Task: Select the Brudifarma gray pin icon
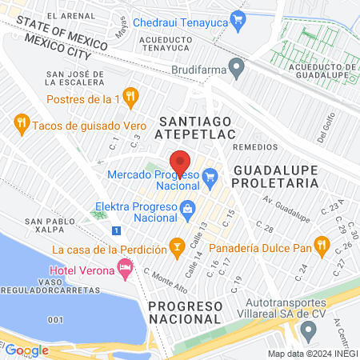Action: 235,68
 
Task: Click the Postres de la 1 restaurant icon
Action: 132,98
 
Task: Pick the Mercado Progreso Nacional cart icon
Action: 210,174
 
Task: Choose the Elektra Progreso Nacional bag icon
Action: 186,209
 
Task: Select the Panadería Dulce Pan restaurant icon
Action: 322,245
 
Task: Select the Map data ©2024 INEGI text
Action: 311,354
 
